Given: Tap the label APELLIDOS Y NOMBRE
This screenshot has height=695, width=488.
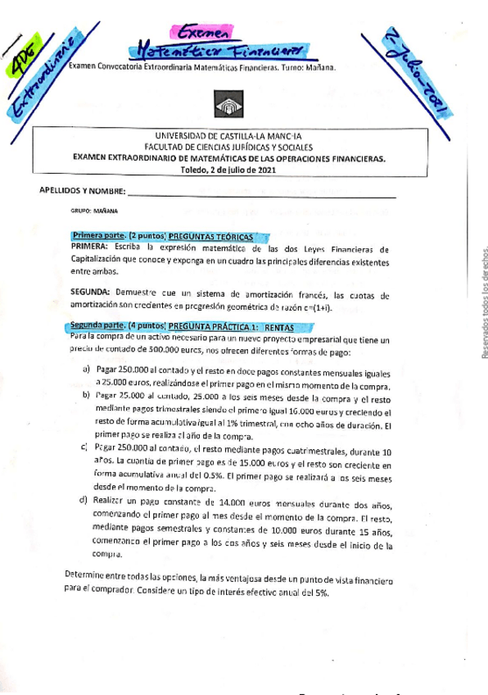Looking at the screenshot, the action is pos(82,190).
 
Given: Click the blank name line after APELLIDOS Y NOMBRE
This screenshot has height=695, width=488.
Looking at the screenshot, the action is pos(262,193).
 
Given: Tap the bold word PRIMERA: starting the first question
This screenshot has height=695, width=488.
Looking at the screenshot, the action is pos(90,246).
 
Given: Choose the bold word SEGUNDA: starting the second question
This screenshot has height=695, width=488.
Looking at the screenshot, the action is pos(91,293).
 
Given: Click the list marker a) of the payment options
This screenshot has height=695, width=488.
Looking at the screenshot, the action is pos(86,370).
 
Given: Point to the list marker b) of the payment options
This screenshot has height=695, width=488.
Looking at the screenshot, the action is pos(86,394).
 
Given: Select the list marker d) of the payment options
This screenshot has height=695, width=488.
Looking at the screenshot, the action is pos(84,500).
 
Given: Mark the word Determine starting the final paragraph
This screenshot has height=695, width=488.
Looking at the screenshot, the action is pos(88,576).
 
